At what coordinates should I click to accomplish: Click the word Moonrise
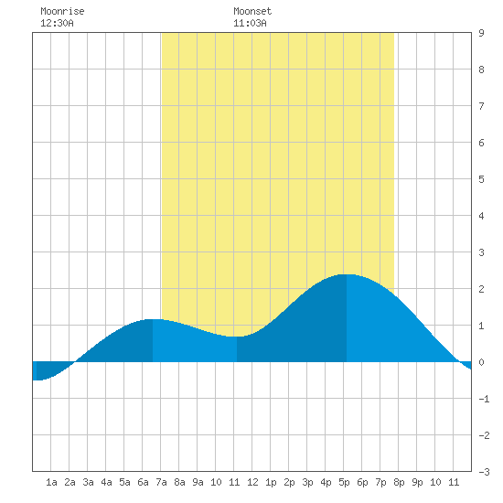62,11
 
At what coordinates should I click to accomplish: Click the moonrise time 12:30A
57,23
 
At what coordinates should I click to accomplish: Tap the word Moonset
252,11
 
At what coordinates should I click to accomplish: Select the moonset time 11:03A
250,23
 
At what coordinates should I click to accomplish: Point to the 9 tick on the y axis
481,33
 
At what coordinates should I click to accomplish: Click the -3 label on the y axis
484,472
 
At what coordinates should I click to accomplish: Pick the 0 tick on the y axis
481,362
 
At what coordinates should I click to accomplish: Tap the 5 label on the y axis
481,179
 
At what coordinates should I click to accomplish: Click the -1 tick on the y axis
484,399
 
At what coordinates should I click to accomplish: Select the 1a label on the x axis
51,482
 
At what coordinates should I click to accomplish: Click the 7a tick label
161,482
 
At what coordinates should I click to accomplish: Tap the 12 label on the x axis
252,482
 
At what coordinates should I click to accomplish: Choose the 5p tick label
344,482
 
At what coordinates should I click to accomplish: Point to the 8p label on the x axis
399,482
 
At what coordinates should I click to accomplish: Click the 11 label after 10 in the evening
454,482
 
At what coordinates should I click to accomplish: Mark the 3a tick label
88,482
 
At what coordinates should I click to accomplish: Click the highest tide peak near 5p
347,274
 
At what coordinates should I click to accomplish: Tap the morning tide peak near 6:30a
153,319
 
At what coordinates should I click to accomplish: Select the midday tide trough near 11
237,337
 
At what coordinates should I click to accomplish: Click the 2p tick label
289,482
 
